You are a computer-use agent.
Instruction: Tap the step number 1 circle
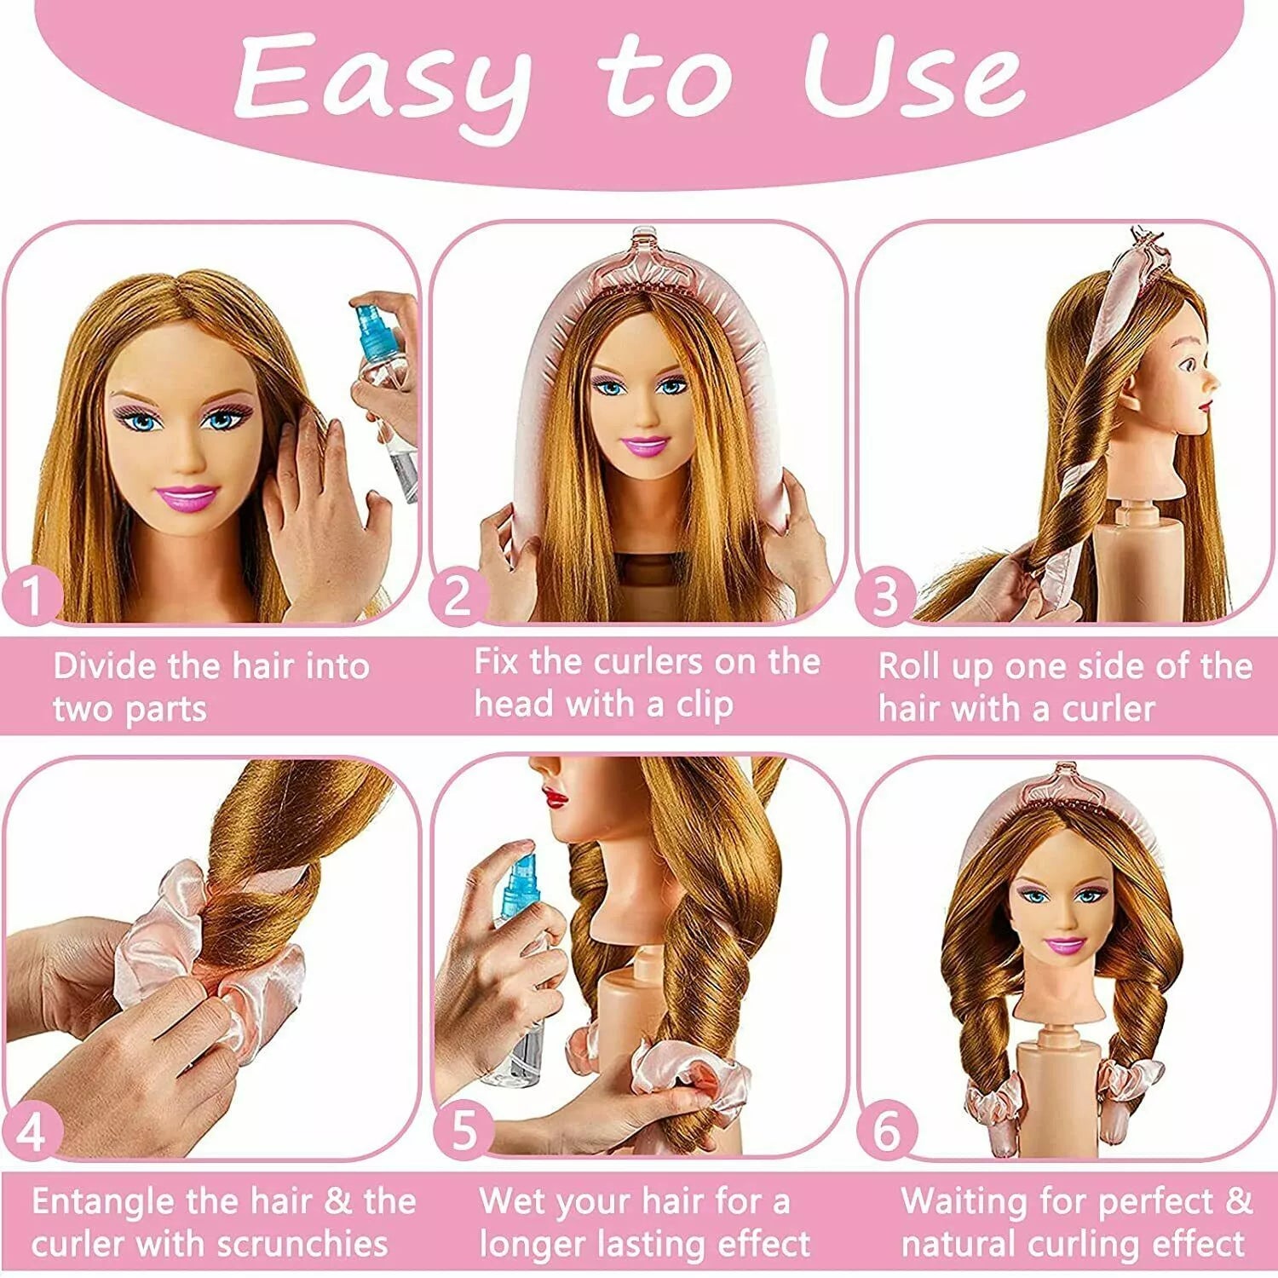tap(32, 596)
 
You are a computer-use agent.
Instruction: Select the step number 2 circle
tap(458, 596)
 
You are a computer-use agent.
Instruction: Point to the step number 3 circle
tap(886, 596)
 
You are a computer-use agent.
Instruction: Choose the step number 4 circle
tap(32, 1132)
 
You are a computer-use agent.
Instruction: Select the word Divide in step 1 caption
tap(106, 666)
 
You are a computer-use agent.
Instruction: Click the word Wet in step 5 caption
tap(512, 1202)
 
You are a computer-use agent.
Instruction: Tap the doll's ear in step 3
tap(1137, 389)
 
